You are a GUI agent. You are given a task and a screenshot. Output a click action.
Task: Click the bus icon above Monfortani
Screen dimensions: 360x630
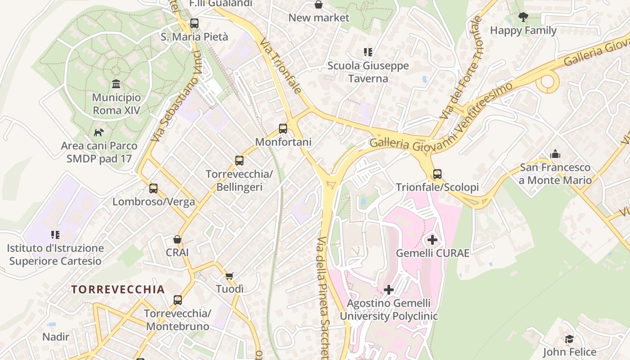coord(283,129)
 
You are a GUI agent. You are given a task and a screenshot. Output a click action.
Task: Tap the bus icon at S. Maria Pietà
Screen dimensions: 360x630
coord(194,23)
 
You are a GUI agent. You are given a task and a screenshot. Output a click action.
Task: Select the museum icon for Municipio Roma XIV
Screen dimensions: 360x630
coord(116,84)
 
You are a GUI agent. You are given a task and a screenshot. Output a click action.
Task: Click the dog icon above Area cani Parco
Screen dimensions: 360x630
coord(99,132)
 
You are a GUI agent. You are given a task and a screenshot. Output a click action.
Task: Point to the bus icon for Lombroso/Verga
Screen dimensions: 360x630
coord(153,188)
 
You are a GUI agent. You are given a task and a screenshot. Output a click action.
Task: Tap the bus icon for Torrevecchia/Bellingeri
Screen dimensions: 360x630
coord(239,160)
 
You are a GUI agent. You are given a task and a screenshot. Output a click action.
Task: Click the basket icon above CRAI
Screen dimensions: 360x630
coord(177,239)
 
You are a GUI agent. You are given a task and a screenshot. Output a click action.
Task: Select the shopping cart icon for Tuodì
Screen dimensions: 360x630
coord(229,275)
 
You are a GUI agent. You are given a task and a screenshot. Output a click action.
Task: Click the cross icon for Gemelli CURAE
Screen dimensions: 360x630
coord(432,239)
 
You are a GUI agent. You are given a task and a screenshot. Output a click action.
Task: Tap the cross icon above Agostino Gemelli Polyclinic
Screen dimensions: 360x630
coord(389,289)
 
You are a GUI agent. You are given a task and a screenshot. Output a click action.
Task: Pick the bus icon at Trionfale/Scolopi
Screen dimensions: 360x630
coord(437,174)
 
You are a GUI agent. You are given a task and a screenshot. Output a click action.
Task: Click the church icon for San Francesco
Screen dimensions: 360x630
coord(555,154)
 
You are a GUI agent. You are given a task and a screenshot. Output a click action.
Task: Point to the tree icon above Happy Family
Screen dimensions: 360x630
coord(523,17)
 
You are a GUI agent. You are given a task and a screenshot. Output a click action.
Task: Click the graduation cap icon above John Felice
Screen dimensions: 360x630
coord(569,339)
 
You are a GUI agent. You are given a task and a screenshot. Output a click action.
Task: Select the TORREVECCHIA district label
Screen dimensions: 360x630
coord(118,289)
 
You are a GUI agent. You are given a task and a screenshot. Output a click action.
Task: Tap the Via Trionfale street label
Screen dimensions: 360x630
coord(280,66)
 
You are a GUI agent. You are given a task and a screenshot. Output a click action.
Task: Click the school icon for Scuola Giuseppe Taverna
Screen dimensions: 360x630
coord(368,52)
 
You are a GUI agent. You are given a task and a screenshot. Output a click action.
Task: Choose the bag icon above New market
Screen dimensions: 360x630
coord(319,4)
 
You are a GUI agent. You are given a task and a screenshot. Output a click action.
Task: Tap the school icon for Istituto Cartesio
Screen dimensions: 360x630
coord(55,234)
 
